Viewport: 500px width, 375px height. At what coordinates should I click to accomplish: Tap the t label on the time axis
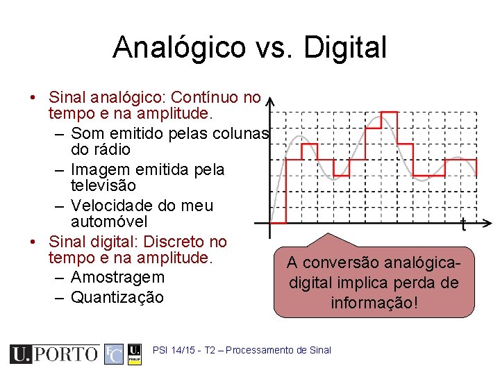[464, 224]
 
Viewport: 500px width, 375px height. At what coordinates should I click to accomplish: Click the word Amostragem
[118, 277]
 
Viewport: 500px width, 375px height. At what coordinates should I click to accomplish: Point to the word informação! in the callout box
[374, 303]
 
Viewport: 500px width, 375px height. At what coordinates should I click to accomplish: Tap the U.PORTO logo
[54, 354]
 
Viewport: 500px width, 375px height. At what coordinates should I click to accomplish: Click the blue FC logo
[114, 354]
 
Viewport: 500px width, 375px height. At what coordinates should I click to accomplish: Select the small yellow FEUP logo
[135, 354]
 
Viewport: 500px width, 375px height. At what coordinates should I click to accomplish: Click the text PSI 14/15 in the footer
[172, 351]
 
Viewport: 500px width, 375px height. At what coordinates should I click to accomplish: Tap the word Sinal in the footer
[322, 351]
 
